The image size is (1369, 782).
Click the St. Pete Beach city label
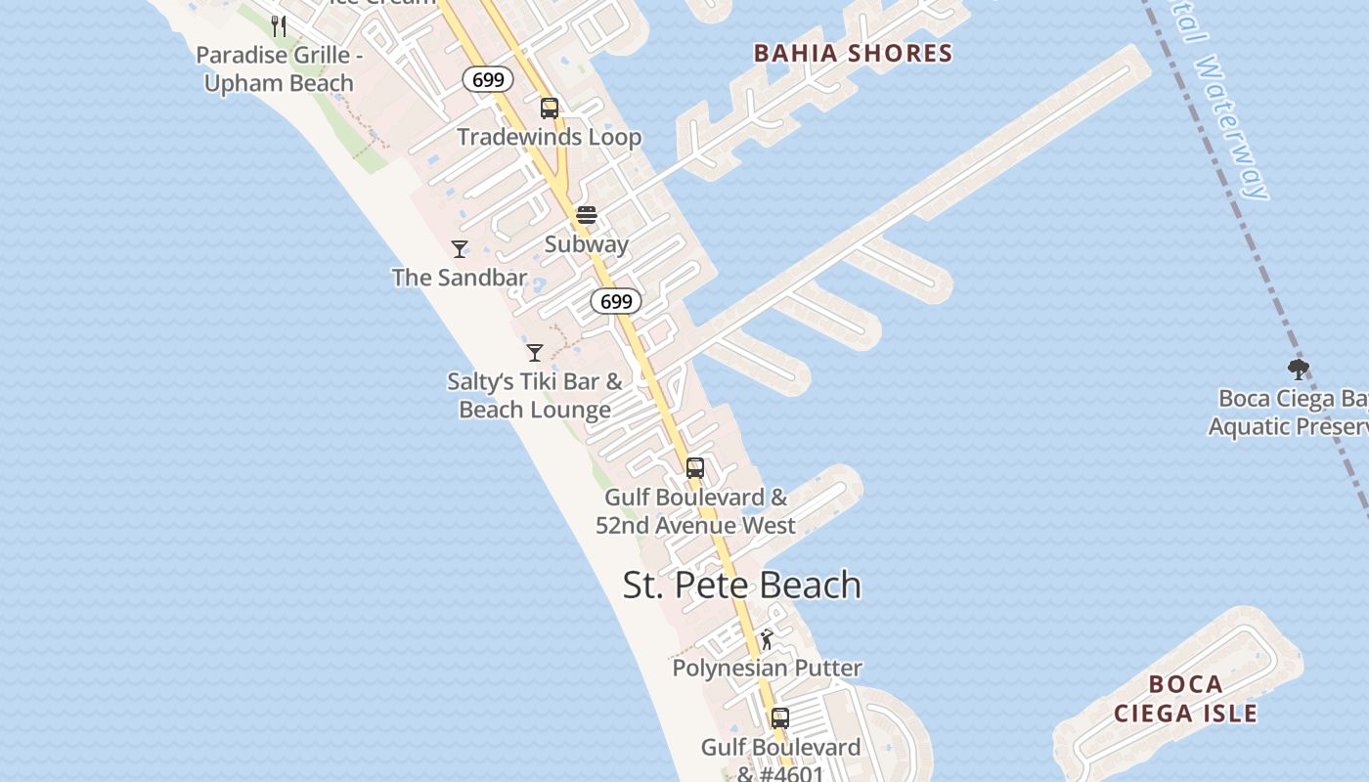pos(742,585)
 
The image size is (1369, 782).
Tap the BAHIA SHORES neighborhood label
pos(853,53)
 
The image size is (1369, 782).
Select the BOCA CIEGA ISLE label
pos(1185,699)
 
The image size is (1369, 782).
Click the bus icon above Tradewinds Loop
pos(550,108)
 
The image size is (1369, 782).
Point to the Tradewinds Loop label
pos(550,137)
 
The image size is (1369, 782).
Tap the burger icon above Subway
pos(587,215)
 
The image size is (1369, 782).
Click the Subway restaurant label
pos(587,244)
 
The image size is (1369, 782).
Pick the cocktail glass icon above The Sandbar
pos(460,248)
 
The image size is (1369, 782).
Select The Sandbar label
pos(460,278)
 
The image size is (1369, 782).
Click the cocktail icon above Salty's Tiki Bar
pos(535,352)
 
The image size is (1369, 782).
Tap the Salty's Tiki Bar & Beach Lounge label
pos(535,395)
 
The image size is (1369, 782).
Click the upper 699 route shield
pos(487,79)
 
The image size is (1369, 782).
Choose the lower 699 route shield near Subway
pos(616,301)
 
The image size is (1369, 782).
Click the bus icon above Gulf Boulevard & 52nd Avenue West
pos(695,467)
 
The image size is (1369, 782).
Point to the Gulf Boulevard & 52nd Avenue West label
pos(695,511)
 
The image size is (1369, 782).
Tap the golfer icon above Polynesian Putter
pos(768,639)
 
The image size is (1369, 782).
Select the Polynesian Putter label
pos(768,669)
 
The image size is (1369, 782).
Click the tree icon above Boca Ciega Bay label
pos(1299,369)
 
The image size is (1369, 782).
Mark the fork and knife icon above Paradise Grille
pos(280,26)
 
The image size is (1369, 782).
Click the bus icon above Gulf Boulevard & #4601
pos(779,718)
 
